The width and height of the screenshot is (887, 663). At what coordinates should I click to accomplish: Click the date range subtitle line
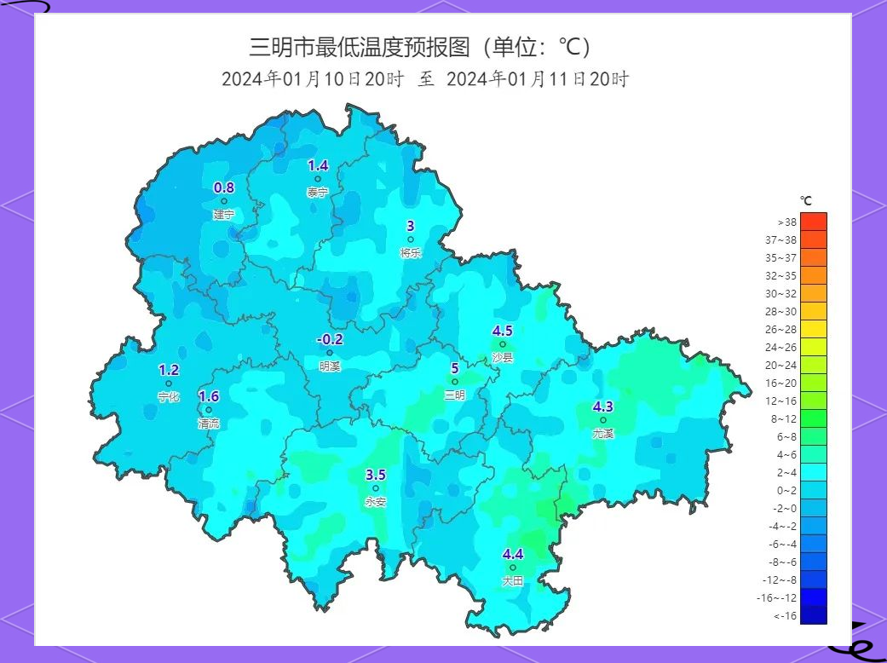click(425, 79)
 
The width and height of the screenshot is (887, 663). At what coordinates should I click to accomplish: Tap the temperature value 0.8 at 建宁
click(223, 187)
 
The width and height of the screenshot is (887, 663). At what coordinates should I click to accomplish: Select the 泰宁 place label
click(318, 193)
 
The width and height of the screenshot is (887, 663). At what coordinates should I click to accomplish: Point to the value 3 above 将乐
click(410, 226)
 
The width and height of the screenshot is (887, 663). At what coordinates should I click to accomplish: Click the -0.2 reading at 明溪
click(330, 339)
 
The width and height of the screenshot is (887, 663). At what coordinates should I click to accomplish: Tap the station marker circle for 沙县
click(503, 345)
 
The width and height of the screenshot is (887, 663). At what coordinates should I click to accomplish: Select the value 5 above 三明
click(454, 368)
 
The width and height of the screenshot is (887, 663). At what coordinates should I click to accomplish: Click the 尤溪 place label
click(603, 433)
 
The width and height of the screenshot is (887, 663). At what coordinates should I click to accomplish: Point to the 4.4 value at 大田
click(513, 554)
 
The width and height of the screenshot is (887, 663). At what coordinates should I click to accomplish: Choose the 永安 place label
click(376, 502)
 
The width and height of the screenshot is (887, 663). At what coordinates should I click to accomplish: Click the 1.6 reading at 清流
click(209, 396)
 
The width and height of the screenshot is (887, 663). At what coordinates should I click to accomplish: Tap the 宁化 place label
click(169, 397)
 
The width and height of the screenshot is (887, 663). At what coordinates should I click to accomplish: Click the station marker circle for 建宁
click(224, 202)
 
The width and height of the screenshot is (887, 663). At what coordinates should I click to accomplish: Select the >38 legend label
click(786, 222)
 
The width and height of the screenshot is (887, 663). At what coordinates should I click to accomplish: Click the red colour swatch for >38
click(814, 222)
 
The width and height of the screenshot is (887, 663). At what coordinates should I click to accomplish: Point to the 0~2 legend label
click(785, 490)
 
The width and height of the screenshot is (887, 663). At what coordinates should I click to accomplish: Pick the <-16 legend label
click(785, 615)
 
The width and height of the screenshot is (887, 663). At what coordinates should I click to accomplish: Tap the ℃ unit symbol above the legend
click(806, 201)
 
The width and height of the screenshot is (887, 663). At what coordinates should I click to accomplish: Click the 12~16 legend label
click(780, 401)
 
